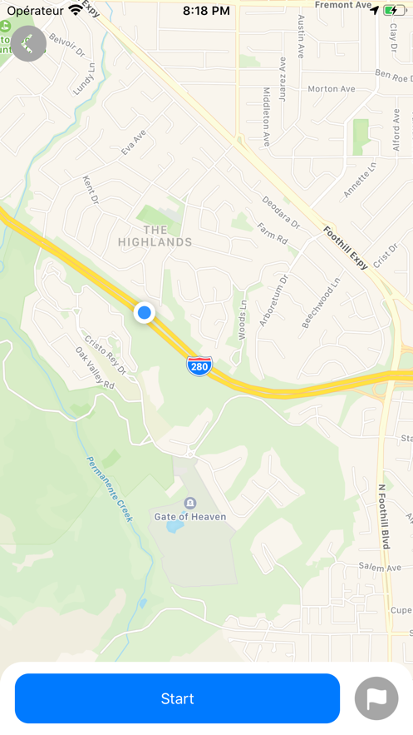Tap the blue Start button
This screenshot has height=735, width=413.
coord(177,698)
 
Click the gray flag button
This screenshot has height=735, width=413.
coord(376,699)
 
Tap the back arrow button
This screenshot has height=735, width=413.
coord(29,44)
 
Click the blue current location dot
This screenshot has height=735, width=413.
coord(145,313)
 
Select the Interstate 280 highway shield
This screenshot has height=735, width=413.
coord(199,365)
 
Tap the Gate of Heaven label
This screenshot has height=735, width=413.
coord(190,517)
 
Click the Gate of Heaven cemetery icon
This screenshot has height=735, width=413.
coord(190,503)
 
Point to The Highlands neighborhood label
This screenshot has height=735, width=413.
coord(155,236)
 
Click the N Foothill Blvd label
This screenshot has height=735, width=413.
coord(383,516)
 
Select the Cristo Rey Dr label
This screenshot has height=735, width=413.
coord(106,355)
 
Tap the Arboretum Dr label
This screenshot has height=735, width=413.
coord(274,300)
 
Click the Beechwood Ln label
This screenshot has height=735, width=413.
coord(321,302)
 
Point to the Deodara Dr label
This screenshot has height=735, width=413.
coord(280,212)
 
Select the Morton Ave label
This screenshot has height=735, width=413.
coord(331,89)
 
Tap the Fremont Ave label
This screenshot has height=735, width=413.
coord(343,5)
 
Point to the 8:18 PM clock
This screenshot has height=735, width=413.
coord(206,11)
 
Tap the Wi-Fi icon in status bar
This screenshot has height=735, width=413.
coord(76,11)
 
